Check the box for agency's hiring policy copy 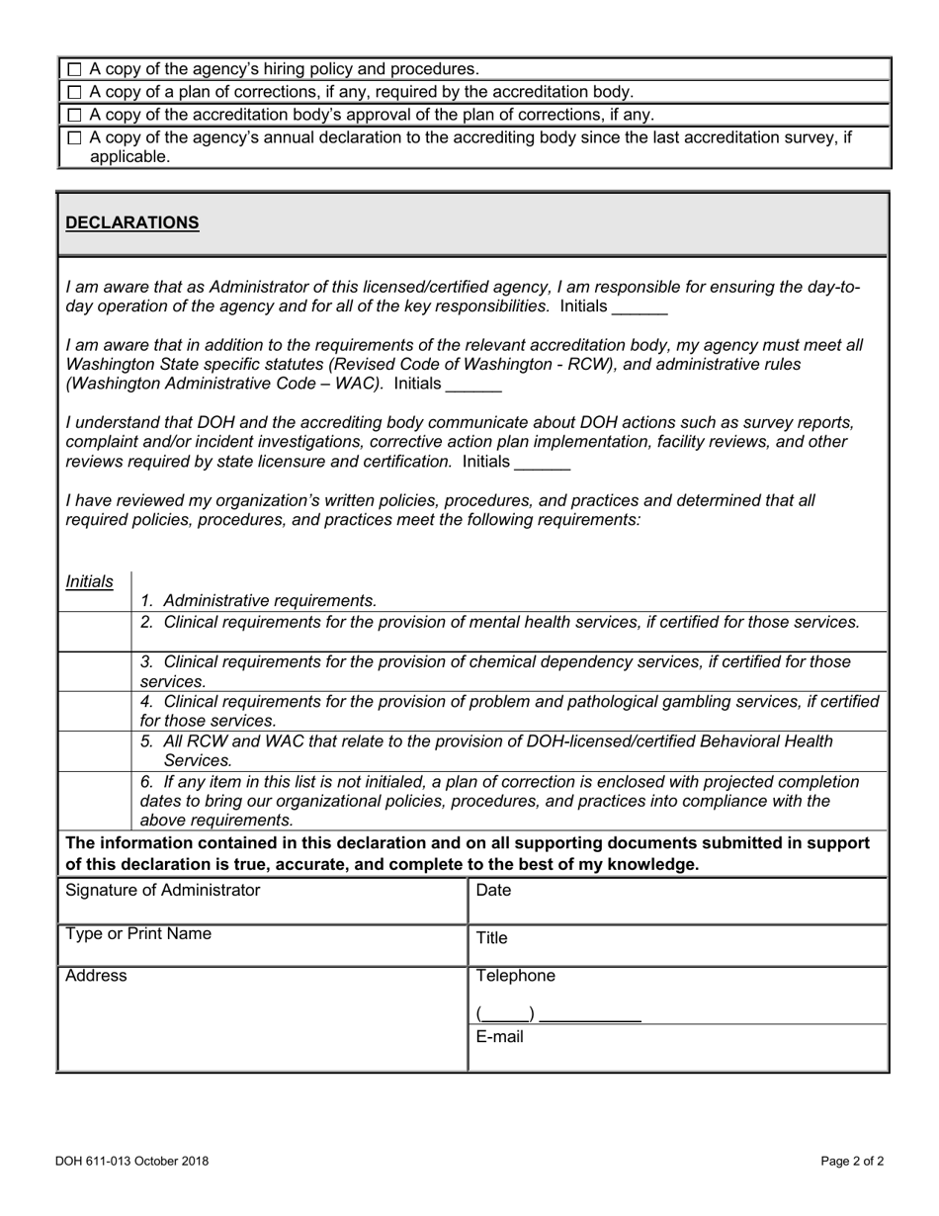pos(75,69)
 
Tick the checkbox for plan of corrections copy pos(75,92)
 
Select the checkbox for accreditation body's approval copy pos(75,115)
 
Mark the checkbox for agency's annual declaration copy pos(75,138)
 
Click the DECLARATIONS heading pos(132,222)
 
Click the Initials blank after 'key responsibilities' pos(640,307)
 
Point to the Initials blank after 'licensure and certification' pos(543,463)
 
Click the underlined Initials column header pos(89,582)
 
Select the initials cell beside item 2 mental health pos(95,631)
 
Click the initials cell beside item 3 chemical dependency pos(95,671)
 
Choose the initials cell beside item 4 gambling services pos(95,711)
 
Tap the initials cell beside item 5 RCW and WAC pos(95,750)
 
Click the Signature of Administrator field pos(262,902)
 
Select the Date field pos(677,902)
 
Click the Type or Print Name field pos(262,947)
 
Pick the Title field pos(677,947)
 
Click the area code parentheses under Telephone pos(505,1014)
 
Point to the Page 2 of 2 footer pos(852,1162)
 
